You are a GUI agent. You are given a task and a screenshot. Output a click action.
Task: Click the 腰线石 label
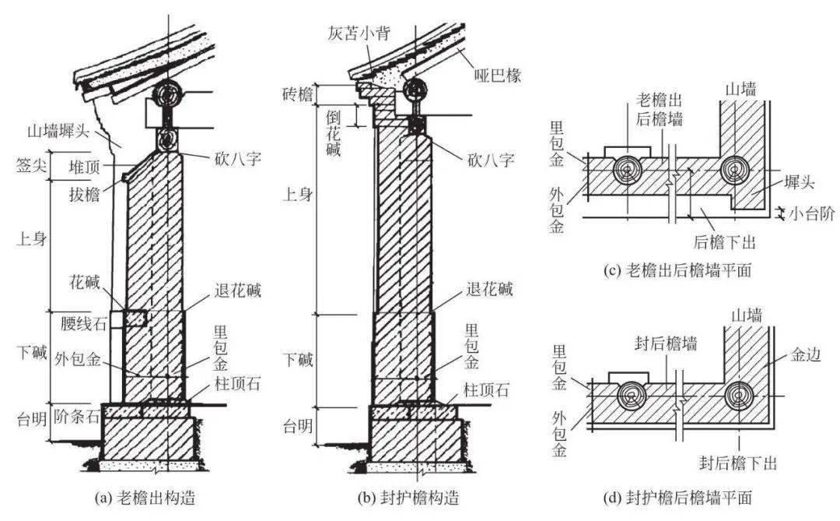(x=80, y=319)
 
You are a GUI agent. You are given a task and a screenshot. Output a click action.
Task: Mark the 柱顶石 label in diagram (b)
(x=488, y=389)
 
